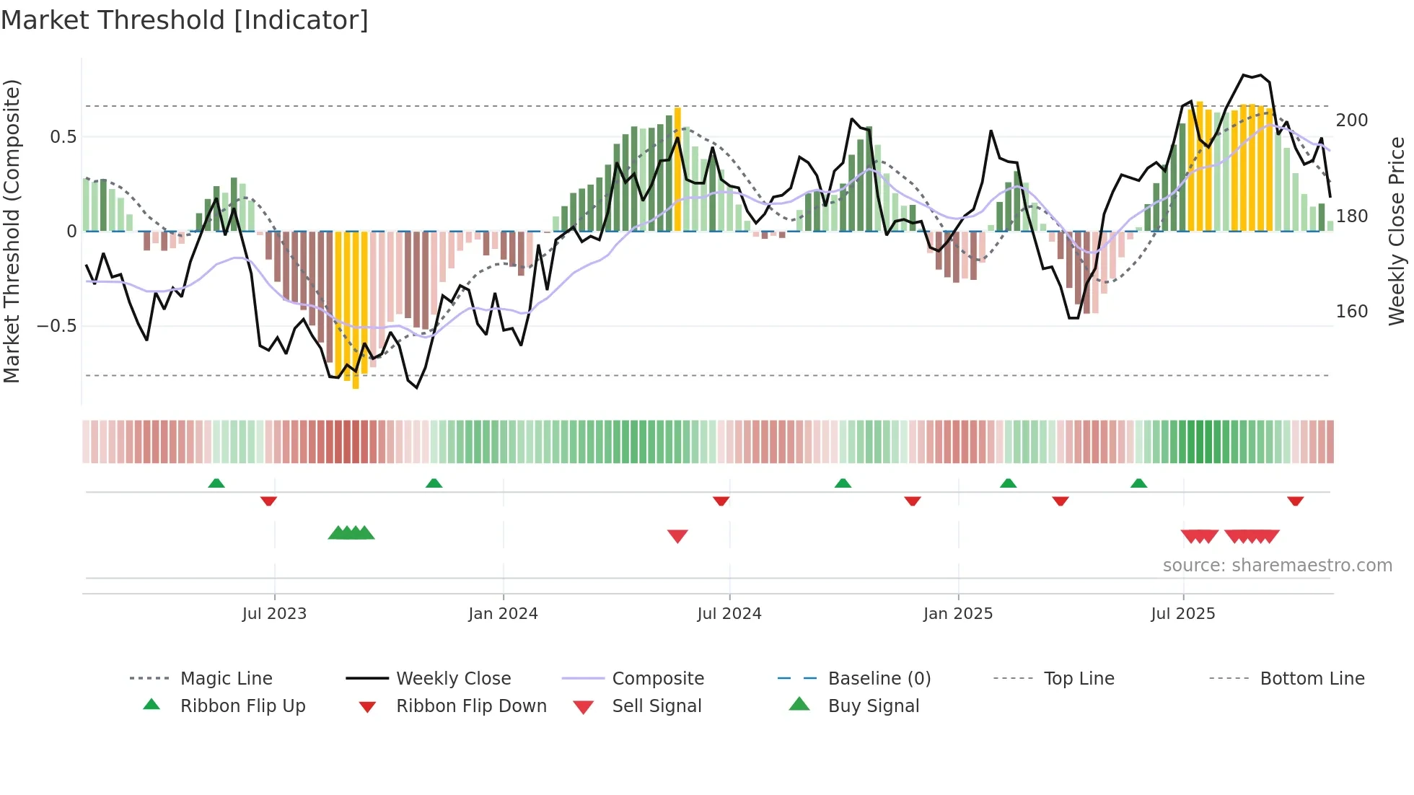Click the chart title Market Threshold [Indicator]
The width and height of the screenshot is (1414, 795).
point(185,20)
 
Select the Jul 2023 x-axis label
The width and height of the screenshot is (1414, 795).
point(274,613)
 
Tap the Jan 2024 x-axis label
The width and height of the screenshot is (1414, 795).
point(503,613)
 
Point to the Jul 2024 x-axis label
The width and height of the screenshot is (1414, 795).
point(729,613)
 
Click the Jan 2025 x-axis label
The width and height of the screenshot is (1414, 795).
point(957,613)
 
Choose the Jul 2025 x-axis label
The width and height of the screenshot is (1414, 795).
point(1182,613)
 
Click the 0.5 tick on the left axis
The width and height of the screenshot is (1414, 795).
point(63,137)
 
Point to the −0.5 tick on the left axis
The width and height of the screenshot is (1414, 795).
point(57,326)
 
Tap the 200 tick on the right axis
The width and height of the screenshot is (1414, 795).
point(1351,120)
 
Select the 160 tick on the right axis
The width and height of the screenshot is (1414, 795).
point(1351,312)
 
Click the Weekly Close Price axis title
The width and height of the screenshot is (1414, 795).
point(1397,231)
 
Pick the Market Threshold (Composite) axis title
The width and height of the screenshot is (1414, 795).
point(12,231)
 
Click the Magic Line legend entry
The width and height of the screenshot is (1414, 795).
point(226,679)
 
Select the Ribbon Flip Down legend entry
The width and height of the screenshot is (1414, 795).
point(471,706)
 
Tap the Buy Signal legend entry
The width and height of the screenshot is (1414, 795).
point(873,706)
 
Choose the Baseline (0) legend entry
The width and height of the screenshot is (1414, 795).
point(879,679)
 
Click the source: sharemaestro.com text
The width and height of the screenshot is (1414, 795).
point(1277,566)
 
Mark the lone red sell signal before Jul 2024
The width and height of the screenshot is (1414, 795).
point(677,536)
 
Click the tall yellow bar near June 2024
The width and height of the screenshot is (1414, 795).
point(677,170)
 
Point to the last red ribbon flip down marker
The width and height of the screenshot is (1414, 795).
point(1295,501)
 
